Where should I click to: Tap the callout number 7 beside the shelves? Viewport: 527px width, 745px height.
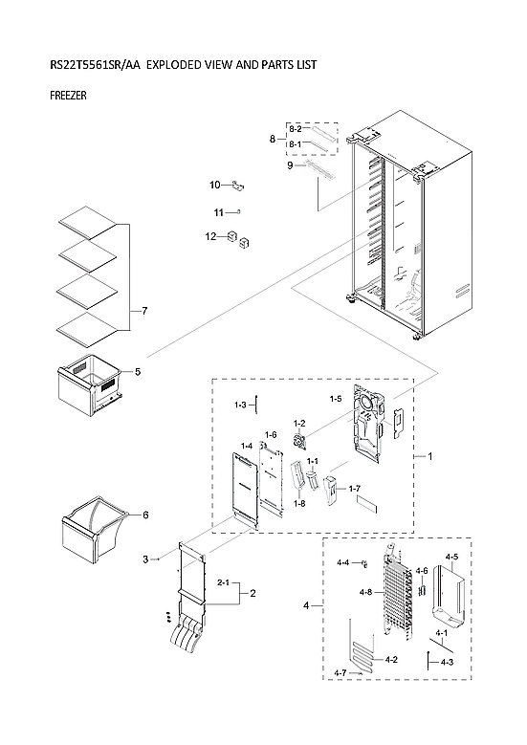143,312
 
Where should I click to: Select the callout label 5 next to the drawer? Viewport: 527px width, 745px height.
137,371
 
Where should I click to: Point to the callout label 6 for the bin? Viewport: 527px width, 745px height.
145,515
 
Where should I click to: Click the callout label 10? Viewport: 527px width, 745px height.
215,185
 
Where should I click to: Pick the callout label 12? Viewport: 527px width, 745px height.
209,236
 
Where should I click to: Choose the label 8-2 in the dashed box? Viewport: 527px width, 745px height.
296,128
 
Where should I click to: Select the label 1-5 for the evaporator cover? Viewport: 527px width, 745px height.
336,398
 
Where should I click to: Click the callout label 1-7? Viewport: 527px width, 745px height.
355,489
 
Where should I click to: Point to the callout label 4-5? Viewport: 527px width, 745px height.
451,557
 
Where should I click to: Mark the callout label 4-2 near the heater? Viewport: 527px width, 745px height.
391,660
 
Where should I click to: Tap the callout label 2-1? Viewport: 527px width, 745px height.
224,582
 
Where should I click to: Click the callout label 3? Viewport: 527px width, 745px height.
145,559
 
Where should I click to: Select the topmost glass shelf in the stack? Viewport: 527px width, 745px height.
87,224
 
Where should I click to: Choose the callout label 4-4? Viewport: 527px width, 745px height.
342,563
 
